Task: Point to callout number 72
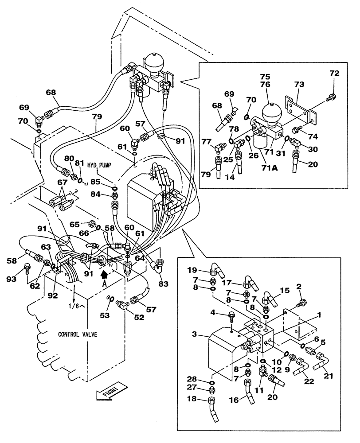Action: pyautogui.click(x=334, y=74)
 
